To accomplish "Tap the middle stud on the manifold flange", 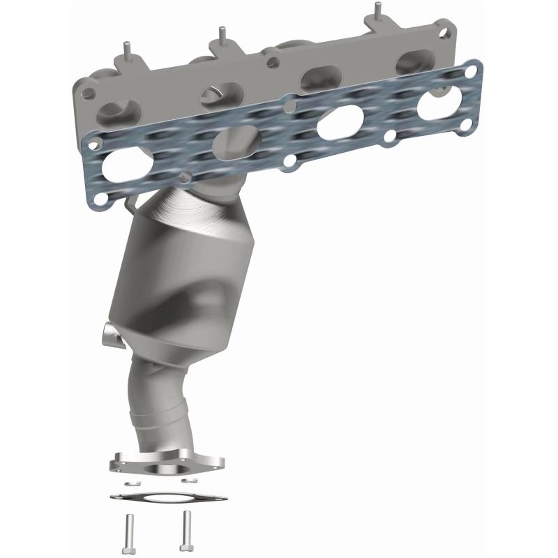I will (222, 35).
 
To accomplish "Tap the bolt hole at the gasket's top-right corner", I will (475, 70).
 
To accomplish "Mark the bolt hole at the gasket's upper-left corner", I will (90, 142).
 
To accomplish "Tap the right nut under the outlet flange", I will (187, 480).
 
